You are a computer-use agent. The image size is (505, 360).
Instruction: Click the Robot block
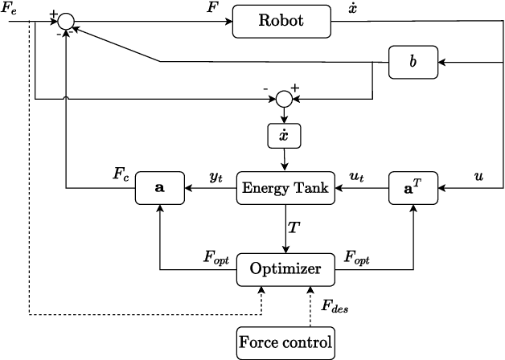click(281, 21)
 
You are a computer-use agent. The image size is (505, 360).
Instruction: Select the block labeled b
click(413, 63)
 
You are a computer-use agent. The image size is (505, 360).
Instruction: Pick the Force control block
click(285, 343)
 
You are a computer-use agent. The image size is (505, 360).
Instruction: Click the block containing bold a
click(160, 189)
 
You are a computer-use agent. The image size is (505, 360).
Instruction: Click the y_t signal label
click(216, 177)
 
